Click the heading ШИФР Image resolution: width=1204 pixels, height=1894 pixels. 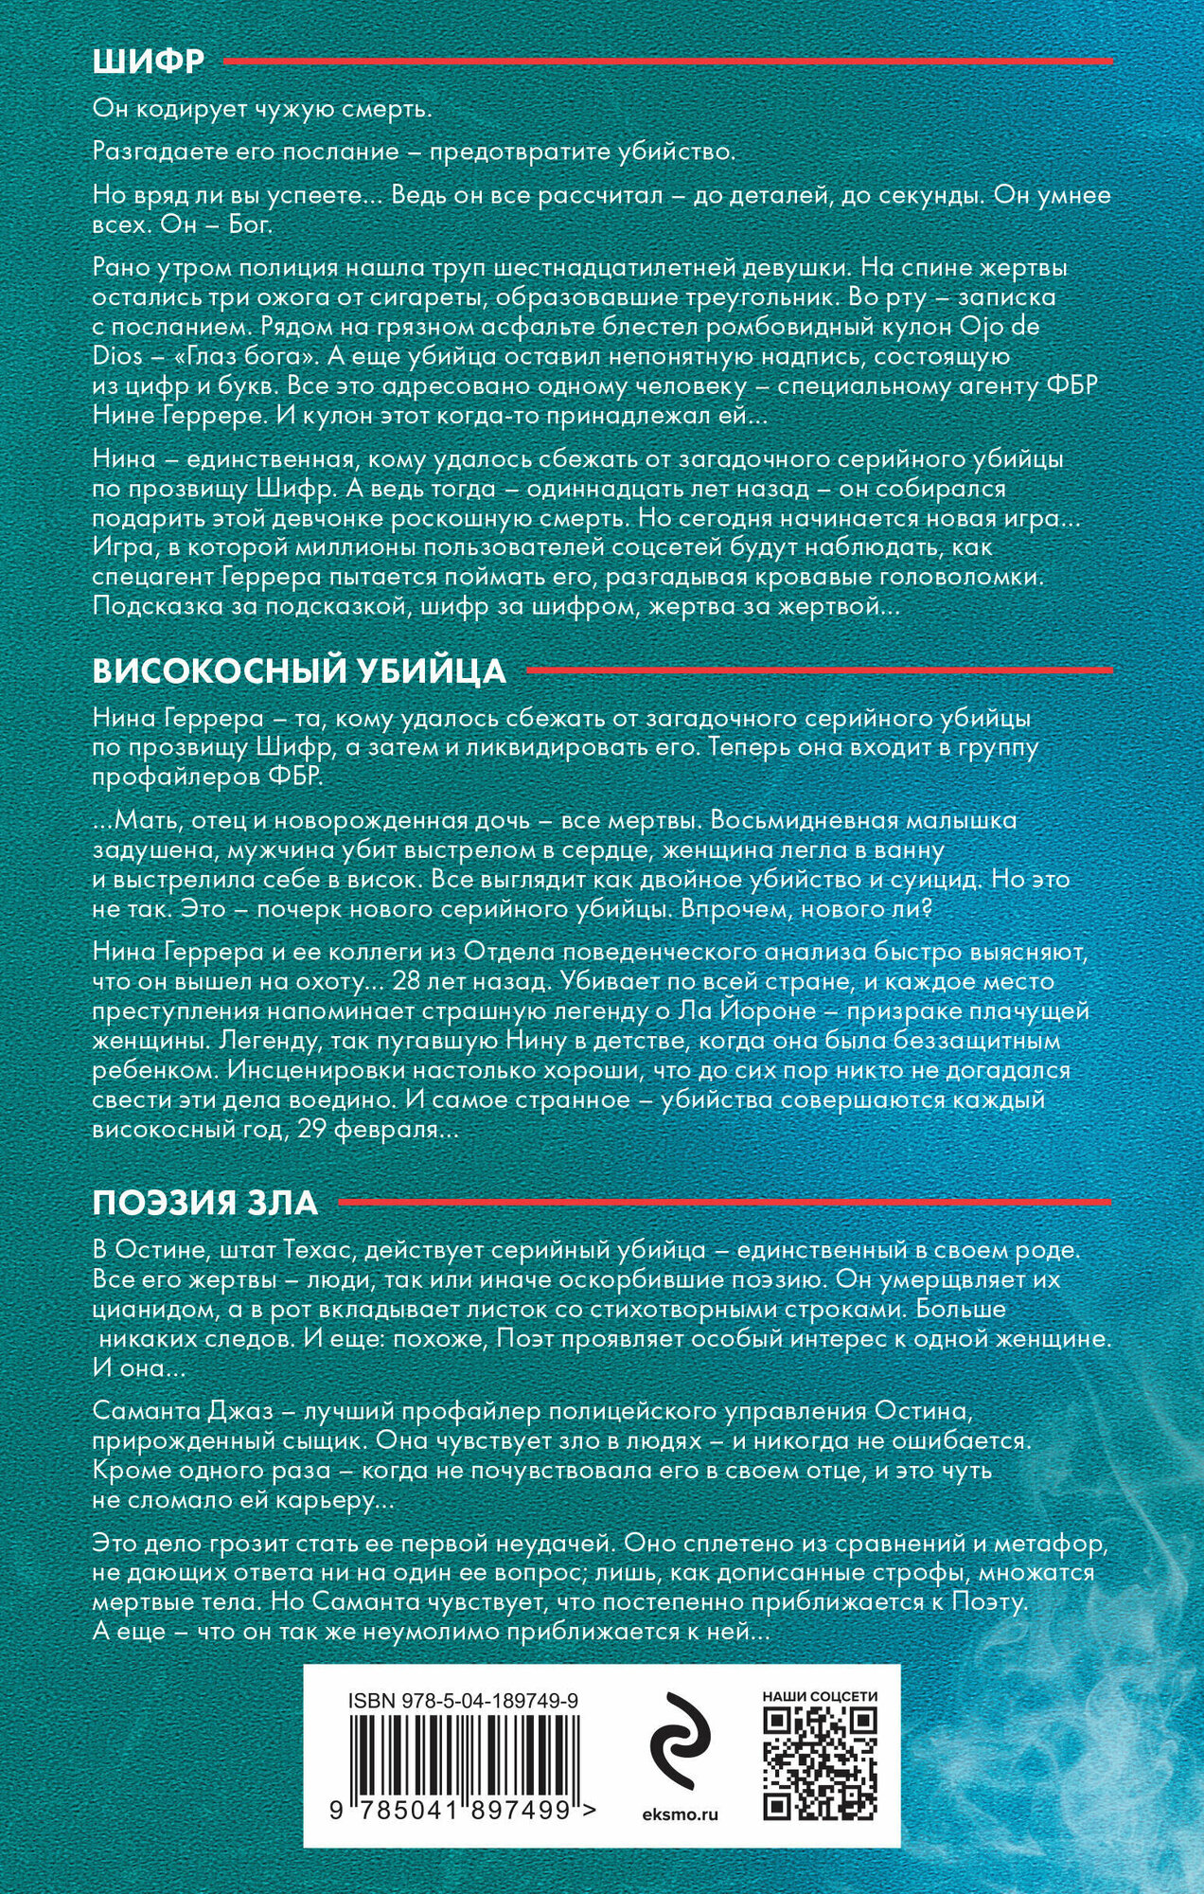149,62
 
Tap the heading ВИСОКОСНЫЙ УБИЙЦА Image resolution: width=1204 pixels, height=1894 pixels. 299,670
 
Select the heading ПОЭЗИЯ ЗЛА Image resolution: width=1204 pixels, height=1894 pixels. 205,1204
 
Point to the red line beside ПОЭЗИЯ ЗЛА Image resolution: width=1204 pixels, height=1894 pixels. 724,1204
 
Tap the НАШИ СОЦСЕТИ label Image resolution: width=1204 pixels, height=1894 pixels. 819,1696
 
